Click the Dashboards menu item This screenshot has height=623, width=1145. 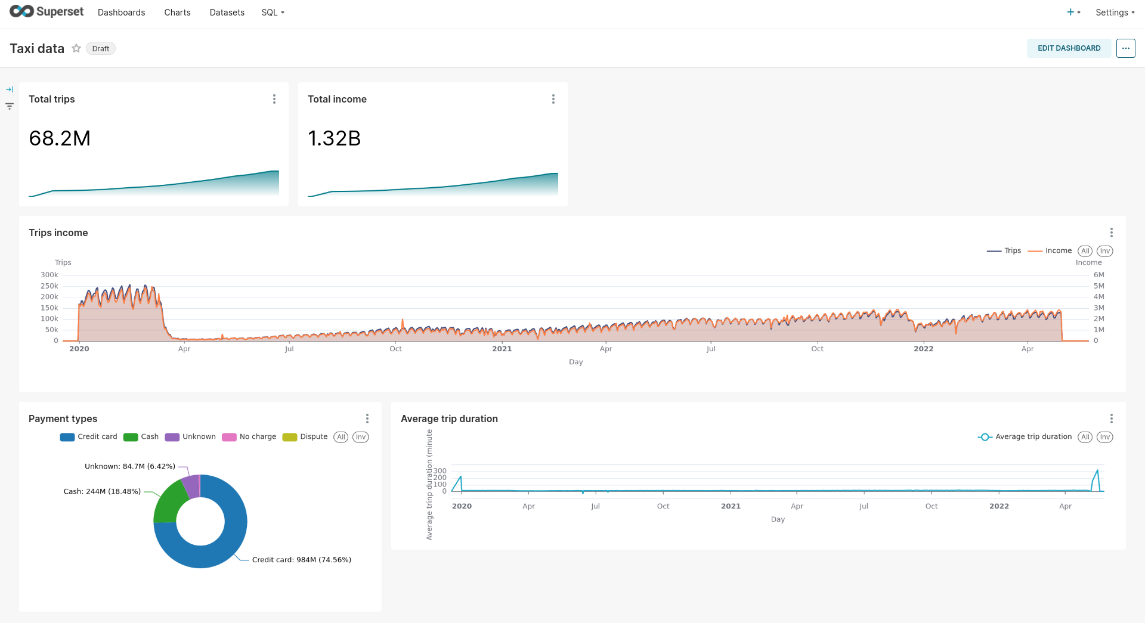121,13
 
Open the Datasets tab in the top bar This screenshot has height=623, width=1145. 227,13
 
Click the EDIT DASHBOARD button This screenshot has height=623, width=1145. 1069,48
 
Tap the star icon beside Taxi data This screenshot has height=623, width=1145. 76,48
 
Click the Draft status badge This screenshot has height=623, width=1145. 101,49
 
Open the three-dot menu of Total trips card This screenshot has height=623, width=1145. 274,99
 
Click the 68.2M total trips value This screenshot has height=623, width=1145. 60,138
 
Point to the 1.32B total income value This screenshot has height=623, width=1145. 334,138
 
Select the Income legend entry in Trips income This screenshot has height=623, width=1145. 1057,251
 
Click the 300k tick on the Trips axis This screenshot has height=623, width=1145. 49,275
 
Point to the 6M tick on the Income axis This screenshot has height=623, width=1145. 1098,275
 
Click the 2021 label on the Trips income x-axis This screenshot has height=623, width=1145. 502,349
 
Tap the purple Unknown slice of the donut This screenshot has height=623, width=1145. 191,486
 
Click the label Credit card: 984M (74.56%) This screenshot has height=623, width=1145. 301,560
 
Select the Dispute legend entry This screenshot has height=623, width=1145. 313,437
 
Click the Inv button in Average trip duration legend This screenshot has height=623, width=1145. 1104,437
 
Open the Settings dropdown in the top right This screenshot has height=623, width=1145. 1114,13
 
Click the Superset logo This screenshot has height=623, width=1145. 47,12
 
